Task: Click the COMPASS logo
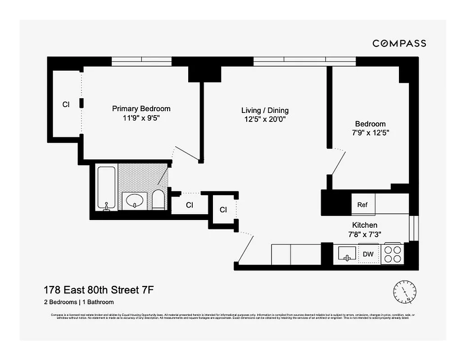coord(399,43)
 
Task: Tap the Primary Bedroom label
coord(141,108)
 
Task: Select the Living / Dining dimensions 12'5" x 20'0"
coord(265,119)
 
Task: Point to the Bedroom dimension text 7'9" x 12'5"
coord(370,133)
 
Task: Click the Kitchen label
coord(364,225)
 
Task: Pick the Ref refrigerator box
coord(362,205)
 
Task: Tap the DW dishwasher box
coord(368,254)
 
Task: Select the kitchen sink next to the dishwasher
coord(347,254)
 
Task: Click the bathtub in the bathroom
coord(107,188)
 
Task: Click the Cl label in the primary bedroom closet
coord(66,104)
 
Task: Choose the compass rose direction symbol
coord(405,291)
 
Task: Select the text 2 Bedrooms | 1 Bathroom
coord(78,302)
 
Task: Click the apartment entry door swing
coord(245,247)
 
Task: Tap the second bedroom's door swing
coord(338,162)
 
